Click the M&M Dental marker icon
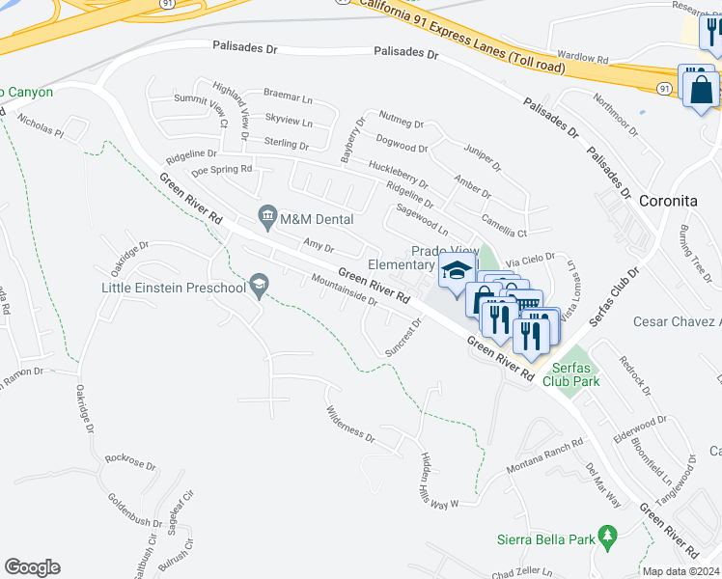pos(267,213)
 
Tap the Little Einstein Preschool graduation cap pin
pos(258,286)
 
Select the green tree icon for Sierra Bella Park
pos(607,535)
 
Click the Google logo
pos(32,567)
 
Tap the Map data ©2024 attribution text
pos(680,571)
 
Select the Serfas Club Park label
pos(575,374)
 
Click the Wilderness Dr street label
pos(349,422)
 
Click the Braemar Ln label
pos(288,95)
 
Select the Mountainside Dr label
pos(344,290)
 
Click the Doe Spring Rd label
pos(221,170)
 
